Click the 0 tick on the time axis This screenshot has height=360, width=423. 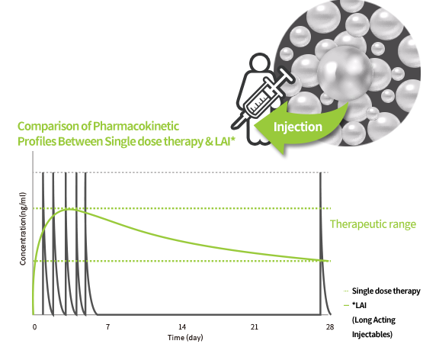(34, 327)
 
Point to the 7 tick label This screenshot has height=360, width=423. (108, 327)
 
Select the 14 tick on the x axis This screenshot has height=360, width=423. (182, 327)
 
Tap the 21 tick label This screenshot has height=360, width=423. (255, 327)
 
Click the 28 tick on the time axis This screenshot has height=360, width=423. (330, 327)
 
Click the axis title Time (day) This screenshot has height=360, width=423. (185, 338)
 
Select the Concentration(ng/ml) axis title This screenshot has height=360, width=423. (23, 229)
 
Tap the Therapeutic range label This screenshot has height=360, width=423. (373, 224)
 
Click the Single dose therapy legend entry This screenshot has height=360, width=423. (386, 291)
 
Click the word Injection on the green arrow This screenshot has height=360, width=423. (298, 127)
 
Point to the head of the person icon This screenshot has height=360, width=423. (260, 63)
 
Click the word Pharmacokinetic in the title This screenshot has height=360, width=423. (136, 127)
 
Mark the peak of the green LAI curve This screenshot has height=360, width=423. (69, 209)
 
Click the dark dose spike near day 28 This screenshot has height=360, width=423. (321, 243)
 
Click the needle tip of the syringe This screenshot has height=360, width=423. (233, 127)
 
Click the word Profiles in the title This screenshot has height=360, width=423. (37, 141)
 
